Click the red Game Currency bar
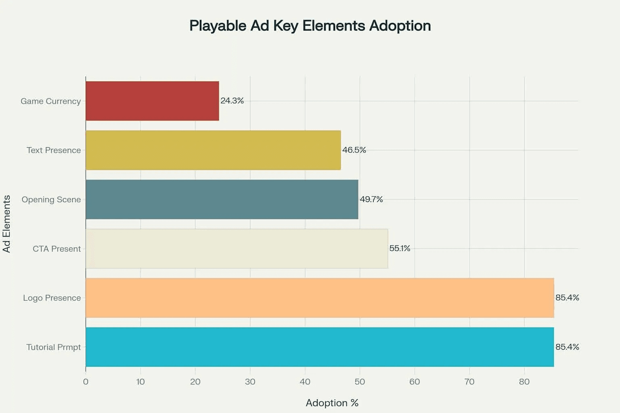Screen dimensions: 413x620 152,101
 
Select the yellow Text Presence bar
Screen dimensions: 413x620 213,150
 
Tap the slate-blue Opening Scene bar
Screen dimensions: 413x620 222,199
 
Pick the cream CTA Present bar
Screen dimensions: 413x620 237,248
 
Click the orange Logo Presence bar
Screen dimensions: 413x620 320,298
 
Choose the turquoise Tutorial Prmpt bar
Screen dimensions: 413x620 320,347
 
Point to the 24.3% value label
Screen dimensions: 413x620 232,101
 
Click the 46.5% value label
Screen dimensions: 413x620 354,150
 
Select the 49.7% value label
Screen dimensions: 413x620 371,199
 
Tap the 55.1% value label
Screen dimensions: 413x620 400,248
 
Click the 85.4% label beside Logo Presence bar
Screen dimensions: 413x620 567,298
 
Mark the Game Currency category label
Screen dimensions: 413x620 50,101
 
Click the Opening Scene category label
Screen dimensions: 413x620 51,200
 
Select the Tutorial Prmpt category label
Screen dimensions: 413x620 53,347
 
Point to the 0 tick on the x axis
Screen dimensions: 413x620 86,382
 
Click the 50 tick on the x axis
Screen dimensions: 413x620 360,382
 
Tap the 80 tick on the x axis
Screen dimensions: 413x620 524,382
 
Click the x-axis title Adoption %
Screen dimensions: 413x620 332,403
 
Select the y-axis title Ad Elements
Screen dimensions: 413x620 6,224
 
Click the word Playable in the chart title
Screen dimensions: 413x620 218,26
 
